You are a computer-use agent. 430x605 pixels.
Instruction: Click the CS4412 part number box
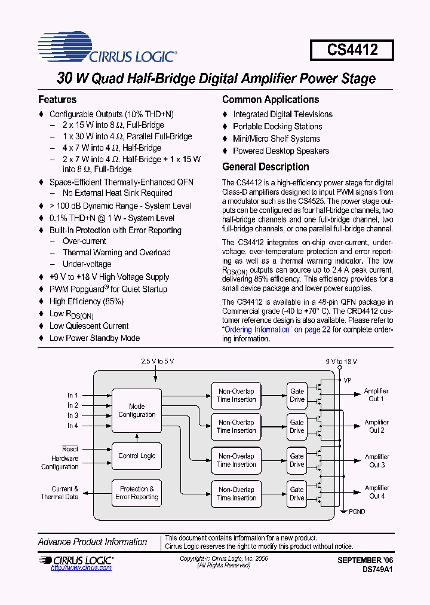[352, 50]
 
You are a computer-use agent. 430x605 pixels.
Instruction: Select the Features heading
[57, 99]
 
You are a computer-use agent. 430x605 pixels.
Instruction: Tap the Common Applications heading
[271, 99]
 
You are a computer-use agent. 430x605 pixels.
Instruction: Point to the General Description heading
[266, 167]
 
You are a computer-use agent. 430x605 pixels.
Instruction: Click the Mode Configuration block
[137, 410]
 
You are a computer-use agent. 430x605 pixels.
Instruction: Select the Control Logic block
[137, 456]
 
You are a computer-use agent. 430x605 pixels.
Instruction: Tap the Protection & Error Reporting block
[137, 493]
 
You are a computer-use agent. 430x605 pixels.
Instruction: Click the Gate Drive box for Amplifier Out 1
[297, 395]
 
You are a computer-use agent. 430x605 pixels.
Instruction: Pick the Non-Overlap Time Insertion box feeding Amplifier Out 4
[236, 493]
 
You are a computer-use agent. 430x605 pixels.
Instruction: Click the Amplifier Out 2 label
[376, 426]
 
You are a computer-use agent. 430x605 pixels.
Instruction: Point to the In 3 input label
[73, 415]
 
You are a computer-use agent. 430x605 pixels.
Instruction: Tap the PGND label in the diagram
[357, 512]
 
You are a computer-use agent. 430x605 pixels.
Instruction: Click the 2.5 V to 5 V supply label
[158, 362]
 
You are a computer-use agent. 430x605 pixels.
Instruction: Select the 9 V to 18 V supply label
[342, 362]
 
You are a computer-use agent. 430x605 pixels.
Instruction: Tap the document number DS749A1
[377, 570]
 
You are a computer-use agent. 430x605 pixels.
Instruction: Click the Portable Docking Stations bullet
[277, 127]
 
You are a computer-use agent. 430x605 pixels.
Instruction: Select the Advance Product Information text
[93, 542]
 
